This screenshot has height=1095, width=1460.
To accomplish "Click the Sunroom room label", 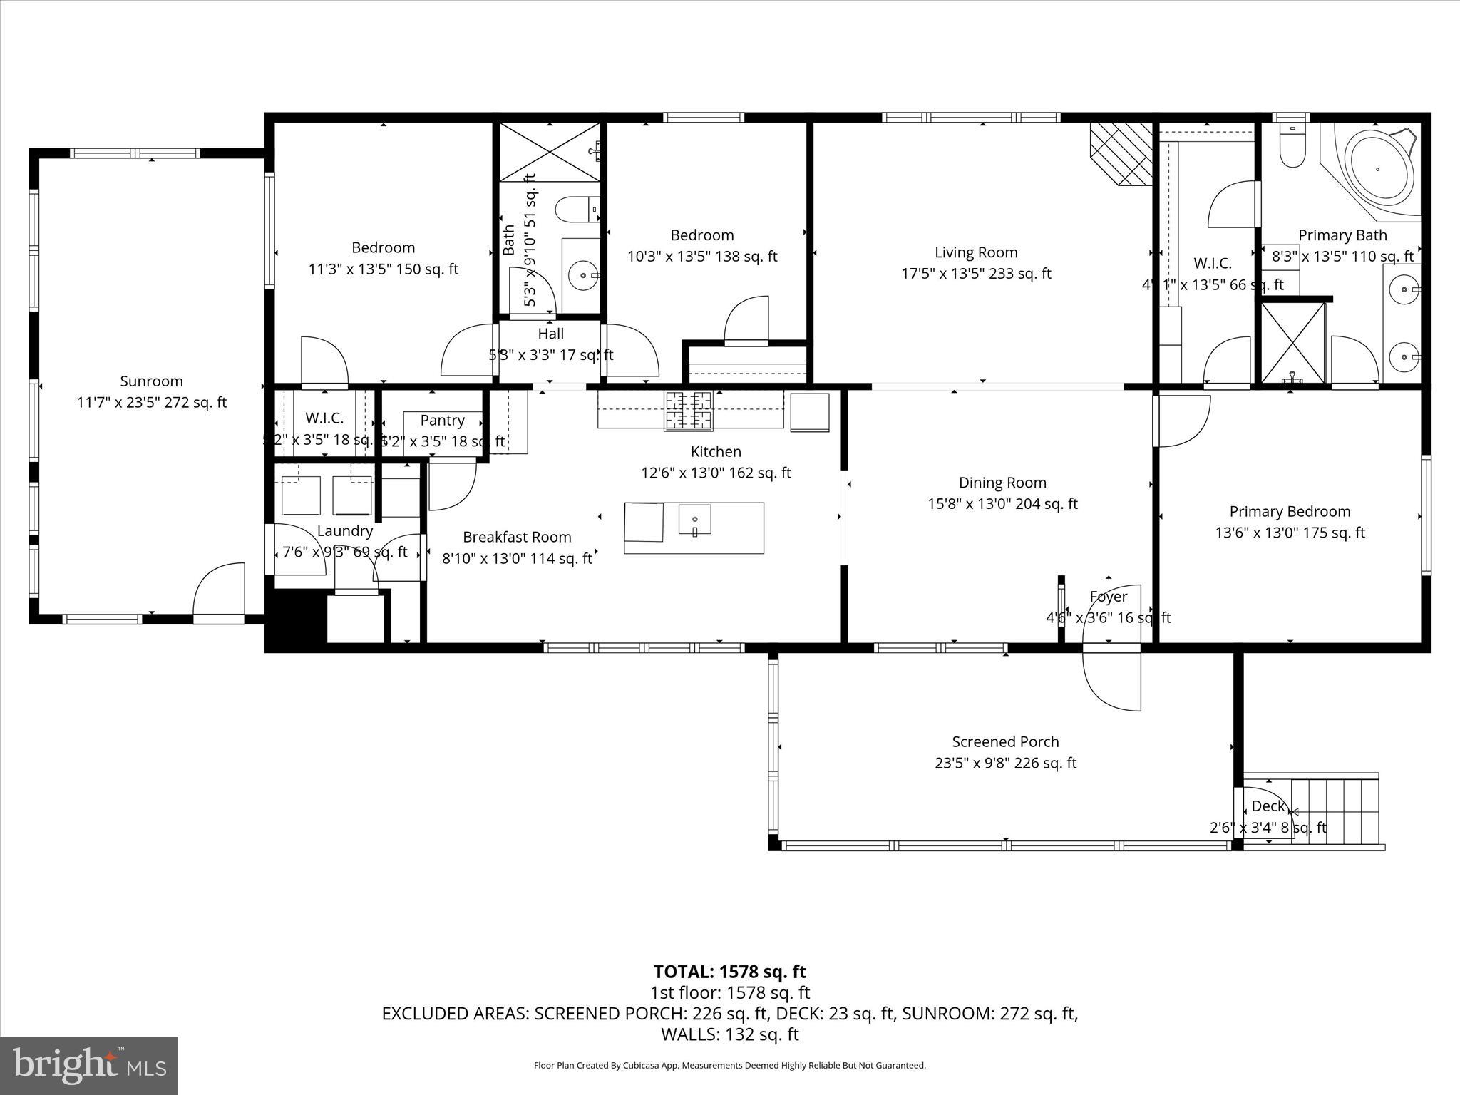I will (x=151, y=381).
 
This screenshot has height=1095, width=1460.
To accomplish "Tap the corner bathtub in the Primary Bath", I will (x=1378, y=170).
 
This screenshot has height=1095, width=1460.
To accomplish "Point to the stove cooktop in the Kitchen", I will (x=688, y=411).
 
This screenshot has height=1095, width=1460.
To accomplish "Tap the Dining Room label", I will (x=1002, y=483).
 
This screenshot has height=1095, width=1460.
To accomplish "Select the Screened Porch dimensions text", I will (x=1005, y=763).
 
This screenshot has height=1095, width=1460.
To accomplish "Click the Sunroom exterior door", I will (x=218, y=592).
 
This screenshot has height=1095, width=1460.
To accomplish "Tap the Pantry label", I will (x=442, y=421).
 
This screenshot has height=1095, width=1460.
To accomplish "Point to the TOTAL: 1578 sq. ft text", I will (x=729, y=972).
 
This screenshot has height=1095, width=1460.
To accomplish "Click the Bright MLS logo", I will (x=89, y=1065).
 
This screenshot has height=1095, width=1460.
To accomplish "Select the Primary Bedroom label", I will (x=1290, y=511).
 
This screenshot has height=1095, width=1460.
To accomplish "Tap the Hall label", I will (x=550, y=334).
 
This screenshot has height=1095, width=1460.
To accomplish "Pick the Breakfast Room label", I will (x=517, y=537).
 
